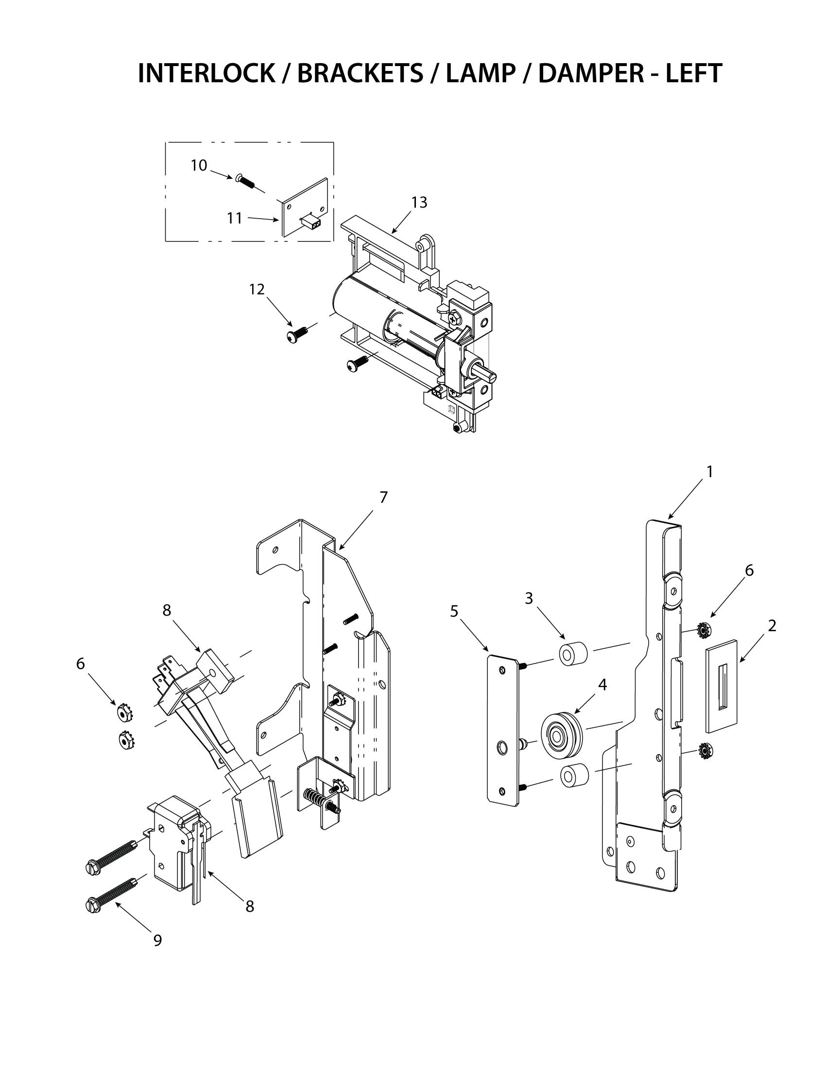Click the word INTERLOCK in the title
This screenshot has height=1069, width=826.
(206, 73)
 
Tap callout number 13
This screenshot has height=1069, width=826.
(419, 202)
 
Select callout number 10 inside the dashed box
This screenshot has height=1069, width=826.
(199, 165)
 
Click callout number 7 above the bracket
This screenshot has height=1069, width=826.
(383, 497)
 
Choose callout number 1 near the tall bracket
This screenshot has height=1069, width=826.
(709, 471)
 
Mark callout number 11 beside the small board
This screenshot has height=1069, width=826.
(235, 218)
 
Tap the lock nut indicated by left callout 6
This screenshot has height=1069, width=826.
(124, 714)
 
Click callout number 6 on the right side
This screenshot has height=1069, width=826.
(749, 570)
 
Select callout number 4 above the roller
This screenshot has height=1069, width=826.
(602, 685)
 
